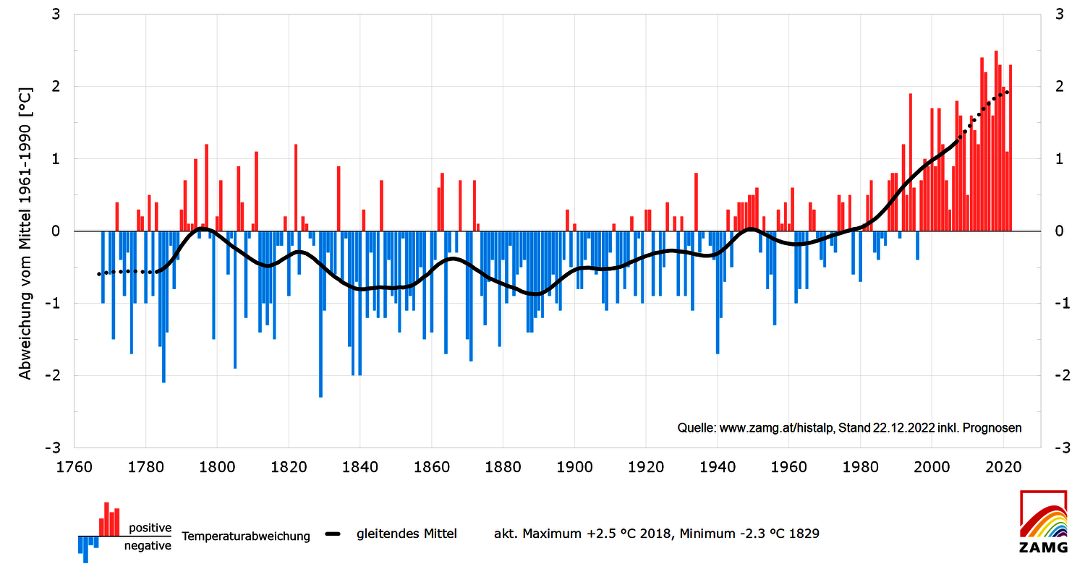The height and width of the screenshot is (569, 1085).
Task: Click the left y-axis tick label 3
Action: click(56, 14)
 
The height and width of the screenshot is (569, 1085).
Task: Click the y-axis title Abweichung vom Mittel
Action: click(26, 236)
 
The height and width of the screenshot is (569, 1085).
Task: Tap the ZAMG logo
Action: click(1043, 521)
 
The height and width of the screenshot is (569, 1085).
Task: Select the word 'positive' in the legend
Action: click(150, 528)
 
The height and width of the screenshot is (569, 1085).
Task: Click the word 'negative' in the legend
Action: click(148, 546)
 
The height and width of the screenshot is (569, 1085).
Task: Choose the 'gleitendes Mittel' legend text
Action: click(407, 534)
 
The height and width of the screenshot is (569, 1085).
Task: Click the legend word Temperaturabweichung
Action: click(246, 536)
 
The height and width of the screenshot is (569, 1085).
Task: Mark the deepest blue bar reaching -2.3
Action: click(320, 314)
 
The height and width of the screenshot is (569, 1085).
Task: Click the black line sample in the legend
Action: click(333, 534)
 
